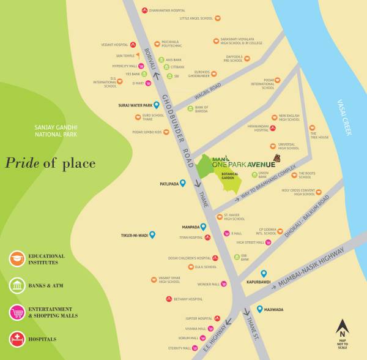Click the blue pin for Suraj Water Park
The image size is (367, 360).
click(x=157, y=105)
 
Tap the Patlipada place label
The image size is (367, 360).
click(x=169, y=183)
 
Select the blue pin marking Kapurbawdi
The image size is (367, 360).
click(x=264, y=274)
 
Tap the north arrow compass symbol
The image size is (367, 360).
click(x=342, y=327)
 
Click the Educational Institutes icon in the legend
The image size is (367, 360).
click(x=17, y=259)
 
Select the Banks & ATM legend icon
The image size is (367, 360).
click(x=17, y=285)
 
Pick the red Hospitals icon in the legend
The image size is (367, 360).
click(x=17, y=339)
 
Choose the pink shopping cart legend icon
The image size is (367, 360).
click(x=17, y=312)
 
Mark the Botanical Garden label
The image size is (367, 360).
click(x=230, y=176)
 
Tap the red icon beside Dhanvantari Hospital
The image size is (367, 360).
click(x=144, y=10)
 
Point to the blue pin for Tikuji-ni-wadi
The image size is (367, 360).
click(x=152, y=234)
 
